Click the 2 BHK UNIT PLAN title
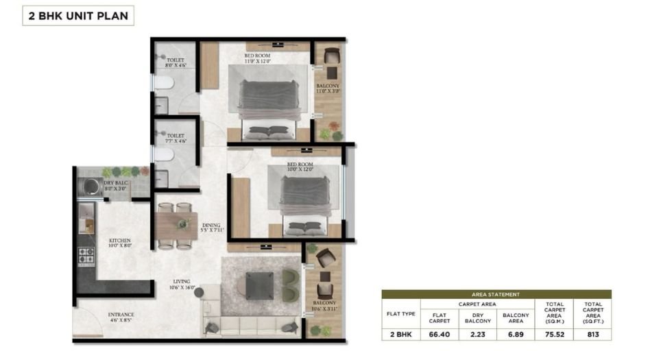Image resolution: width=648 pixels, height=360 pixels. (x=78, y=16)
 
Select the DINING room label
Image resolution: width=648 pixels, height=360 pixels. (x=212, y=228)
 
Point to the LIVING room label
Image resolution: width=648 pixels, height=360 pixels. (x=183, y=284)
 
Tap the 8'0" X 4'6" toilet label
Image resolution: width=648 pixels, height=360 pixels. (x=176, y=63)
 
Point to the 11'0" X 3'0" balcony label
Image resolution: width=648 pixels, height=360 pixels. (x=328, y=88)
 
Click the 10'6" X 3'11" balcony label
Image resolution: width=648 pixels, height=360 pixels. (x=325, y=306)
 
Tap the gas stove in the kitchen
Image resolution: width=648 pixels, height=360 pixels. (x=86, y=256)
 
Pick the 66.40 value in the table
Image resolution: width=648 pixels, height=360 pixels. (x=439, y=335)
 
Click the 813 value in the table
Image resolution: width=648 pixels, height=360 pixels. (x=592, y=335)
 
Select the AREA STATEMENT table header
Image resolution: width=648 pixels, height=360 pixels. (x=496, y=294)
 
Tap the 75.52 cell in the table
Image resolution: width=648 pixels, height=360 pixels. (x=554, y=335)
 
